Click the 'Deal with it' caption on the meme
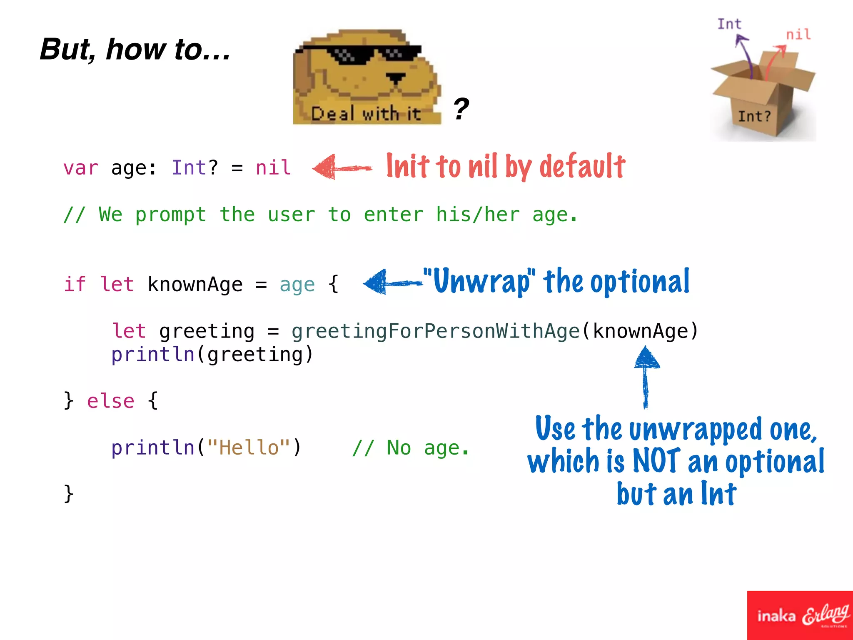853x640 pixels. pos(366,114)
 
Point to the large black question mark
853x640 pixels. pos(461,109)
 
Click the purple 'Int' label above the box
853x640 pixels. pos(729,24)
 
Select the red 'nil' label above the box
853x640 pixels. pos(798,34)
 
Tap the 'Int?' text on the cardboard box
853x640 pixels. pos(754,116)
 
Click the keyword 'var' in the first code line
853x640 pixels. pos(81,168)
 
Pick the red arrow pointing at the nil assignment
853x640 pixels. pos(342,167)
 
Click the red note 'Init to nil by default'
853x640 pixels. pos(505,166)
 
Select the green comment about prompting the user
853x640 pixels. pos(320,215)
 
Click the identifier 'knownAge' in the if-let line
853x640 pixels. pos(195,285)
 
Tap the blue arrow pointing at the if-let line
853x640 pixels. pos(392,282)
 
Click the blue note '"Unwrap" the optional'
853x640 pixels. pos(556,282)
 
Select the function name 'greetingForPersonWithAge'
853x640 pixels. pos(435,331)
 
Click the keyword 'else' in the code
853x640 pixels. pos(111,401)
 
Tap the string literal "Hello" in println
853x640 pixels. pos(249,448)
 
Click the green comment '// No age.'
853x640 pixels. pos(410,448)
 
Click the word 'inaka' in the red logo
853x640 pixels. pos(776,616)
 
